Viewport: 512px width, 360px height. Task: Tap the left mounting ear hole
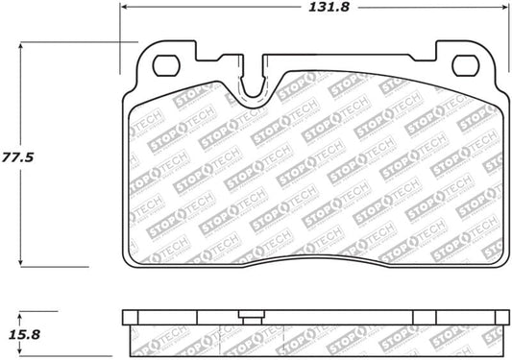pyautogui.click(x=166, y=65)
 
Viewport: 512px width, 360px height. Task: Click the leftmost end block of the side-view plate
pyautogui.click(x=132, y=317)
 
